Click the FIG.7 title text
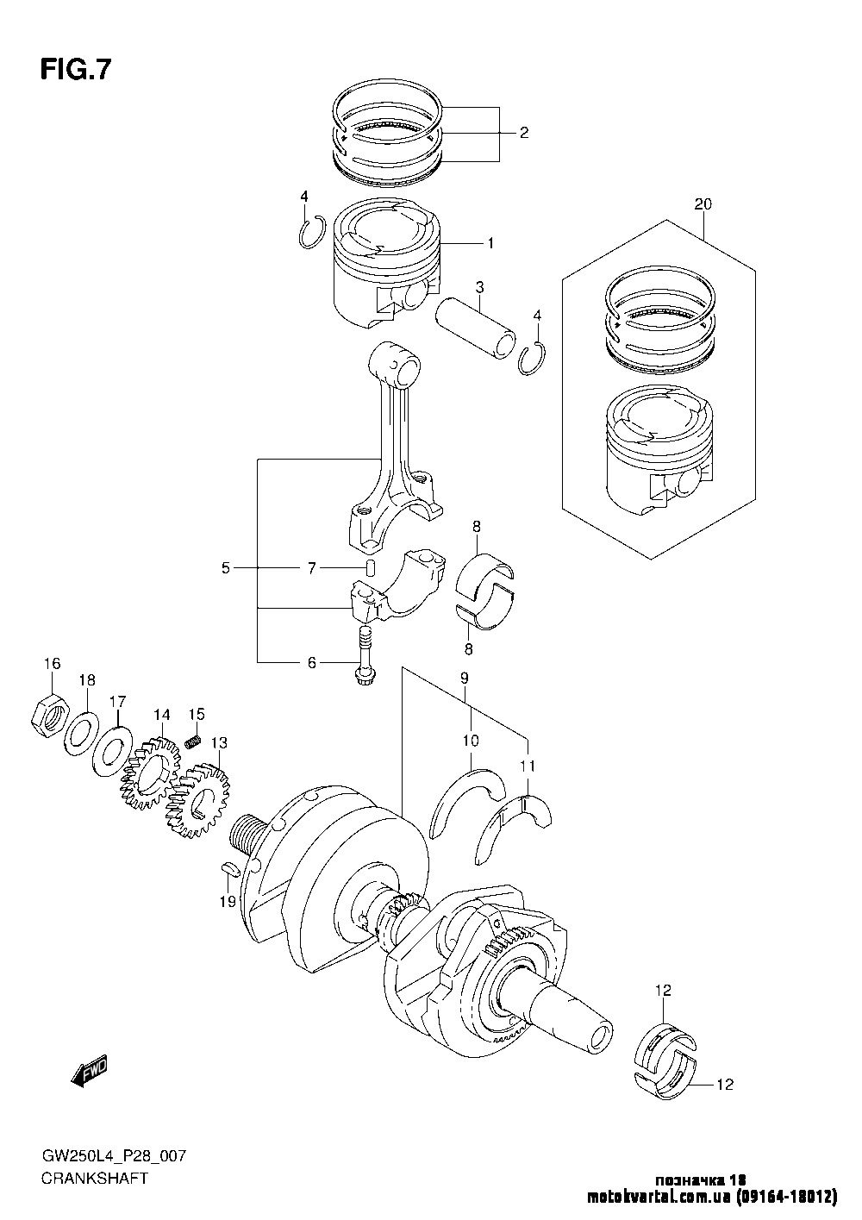(76, 70)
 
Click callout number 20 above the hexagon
(703, 204)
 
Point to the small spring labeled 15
(193, 741)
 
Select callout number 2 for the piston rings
(523, 133)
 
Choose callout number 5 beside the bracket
(226, 568)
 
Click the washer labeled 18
(82, 733)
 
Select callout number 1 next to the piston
(490, 243)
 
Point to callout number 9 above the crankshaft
(464, 678)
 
